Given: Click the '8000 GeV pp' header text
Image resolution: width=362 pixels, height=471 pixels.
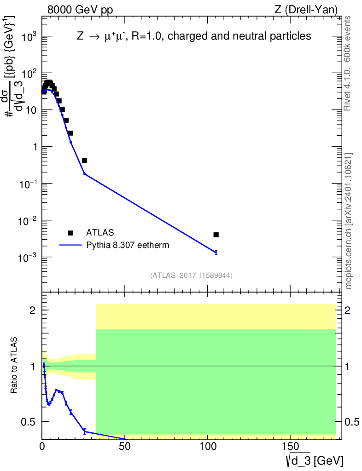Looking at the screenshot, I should pyautogui.click(x=74, y=9).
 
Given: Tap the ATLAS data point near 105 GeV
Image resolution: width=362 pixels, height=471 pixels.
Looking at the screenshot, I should pyautogui.click(x=216, y=235).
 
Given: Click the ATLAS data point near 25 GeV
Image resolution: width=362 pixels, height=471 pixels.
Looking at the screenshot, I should pyautogui.click(x=84, y=161).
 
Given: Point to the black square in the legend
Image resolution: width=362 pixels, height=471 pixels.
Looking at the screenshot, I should pyautogui.click(x=70, y=233).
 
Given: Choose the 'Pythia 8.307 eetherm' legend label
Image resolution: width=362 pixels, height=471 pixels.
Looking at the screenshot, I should pyautogui.click(x=128, y=245).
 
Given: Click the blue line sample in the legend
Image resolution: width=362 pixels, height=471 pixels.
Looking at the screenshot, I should pyautogui.click(x=70, y=245).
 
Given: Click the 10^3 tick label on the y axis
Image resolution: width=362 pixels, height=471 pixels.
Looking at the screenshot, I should pyautogui.click(x=28, y=37).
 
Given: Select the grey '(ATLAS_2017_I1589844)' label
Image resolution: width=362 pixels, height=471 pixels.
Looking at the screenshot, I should pyautogui.click(x=191, y=276).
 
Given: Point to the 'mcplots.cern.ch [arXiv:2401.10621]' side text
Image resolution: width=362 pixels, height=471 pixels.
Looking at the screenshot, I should pyautogui.click(x=349, y=221).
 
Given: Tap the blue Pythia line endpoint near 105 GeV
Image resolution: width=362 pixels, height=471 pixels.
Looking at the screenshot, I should pyautogui.click(x=216, y=252).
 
